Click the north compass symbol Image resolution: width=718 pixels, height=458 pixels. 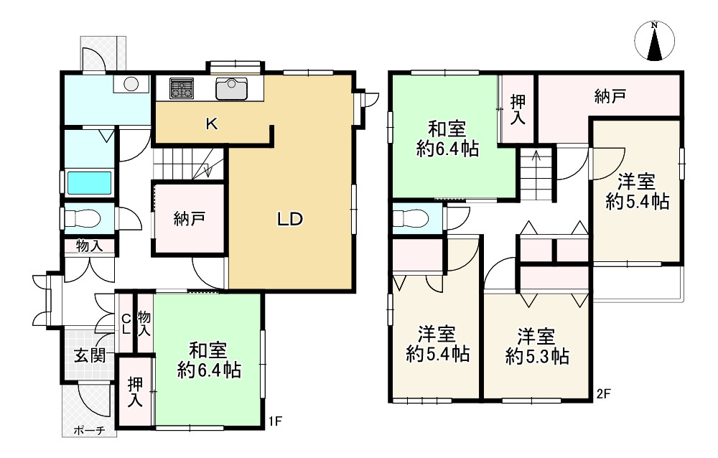coord(654,41)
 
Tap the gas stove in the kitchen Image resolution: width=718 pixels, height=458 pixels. coord(182,88)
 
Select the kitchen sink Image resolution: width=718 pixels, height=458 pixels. coord(231,88)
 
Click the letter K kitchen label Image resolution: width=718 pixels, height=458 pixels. coord(212,123)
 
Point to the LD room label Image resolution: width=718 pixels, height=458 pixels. coord(290,219)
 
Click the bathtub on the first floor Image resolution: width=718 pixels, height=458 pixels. coord(90,183)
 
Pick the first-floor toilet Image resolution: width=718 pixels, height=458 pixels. coord(83,218)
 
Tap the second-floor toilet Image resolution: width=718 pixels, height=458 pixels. coord(411,218)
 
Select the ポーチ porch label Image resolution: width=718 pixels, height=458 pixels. coord(89,431)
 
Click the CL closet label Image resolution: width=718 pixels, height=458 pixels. coord(126,322)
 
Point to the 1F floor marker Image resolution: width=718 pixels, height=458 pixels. coord(275,421)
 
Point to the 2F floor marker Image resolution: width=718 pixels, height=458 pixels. coord(604,393)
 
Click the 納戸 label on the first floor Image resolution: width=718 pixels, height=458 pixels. coord(189,219)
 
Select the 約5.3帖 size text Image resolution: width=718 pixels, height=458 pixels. coord(537,356)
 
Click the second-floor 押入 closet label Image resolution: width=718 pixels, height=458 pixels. coord(518,109)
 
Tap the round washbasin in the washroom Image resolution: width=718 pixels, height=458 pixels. coord(131,84)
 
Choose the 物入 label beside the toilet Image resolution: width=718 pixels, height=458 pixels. coord(89,246)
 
